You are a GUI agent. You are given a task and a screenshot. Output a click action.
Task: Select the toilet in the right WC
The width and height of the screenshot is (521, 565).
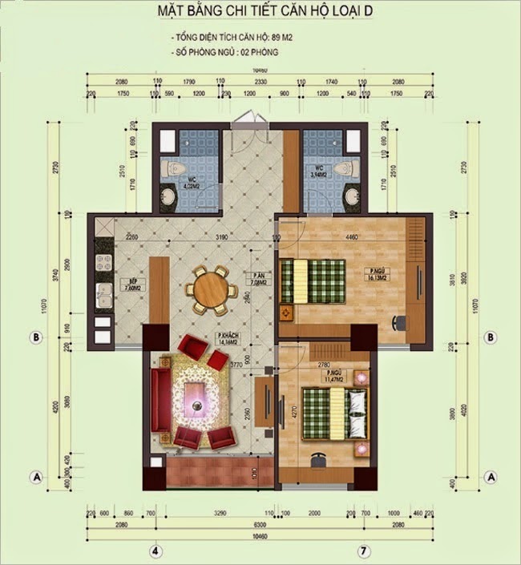[x=345, y=167]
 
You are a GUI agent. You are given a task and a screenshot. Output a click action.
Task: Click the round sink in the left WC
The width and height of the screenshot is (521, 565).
[x=171, y=197]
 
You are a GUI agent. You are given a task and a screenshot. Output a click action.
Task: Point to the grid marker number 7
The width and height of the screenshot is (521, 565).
[x=363, y=551]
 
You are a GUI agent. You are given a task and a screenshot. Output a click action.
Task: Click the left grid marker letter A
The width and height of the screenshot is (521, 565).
[x=35, y=475]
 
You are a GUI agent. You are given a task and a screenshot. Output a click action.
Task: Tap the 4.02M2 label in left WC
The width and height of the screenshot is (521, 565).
[x=190, y=187]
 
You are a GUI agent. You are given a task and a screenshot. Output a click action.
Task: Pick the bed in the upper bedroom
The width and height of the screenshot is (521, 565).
[x=314, y=280]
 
